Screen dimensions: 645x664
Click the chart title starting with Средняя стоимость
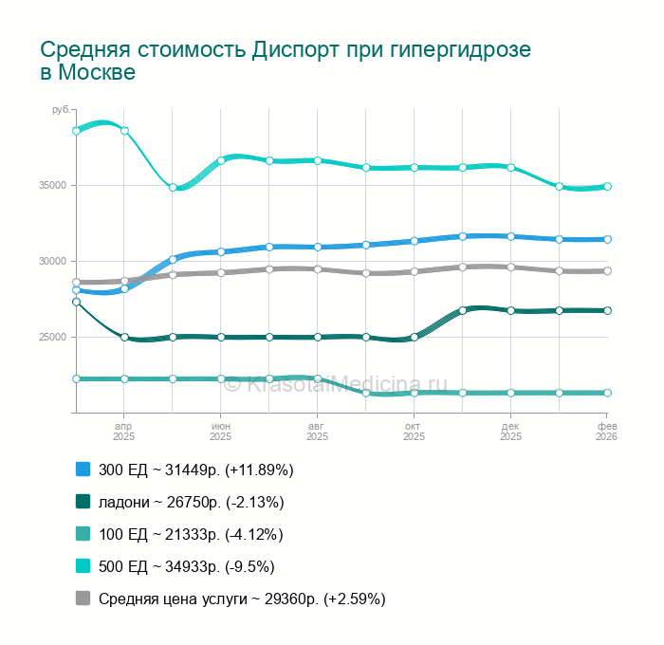(285, 61)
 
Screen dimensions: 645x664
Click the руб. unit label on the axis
(61, 111)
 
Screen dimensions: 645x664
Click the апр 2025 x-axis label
(124, 432)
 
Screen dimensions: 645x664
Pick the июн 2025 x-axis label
(221, 432)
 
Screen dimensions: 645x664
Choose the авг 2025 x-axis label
(318, 432)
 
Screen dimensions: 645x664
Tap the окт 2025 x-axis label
(415, 432)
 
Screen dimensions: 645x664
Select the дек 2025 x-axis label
(511, 432)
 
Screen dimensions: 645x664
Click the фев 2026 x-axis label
(607, 432)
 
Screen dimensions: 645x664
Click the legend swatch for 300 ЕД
(83, 470)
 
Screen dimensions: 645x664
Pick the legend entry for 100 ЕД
(191, 534)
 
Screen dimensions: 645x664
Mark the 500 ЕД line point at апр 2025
(124, 131)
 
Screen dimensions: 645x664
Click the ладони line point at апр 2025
(124, 337)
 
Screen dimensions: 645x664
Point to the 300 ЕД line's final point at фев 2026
(607, 239)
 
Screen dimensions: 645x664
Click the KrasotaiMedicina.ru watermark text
(337, 384)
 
